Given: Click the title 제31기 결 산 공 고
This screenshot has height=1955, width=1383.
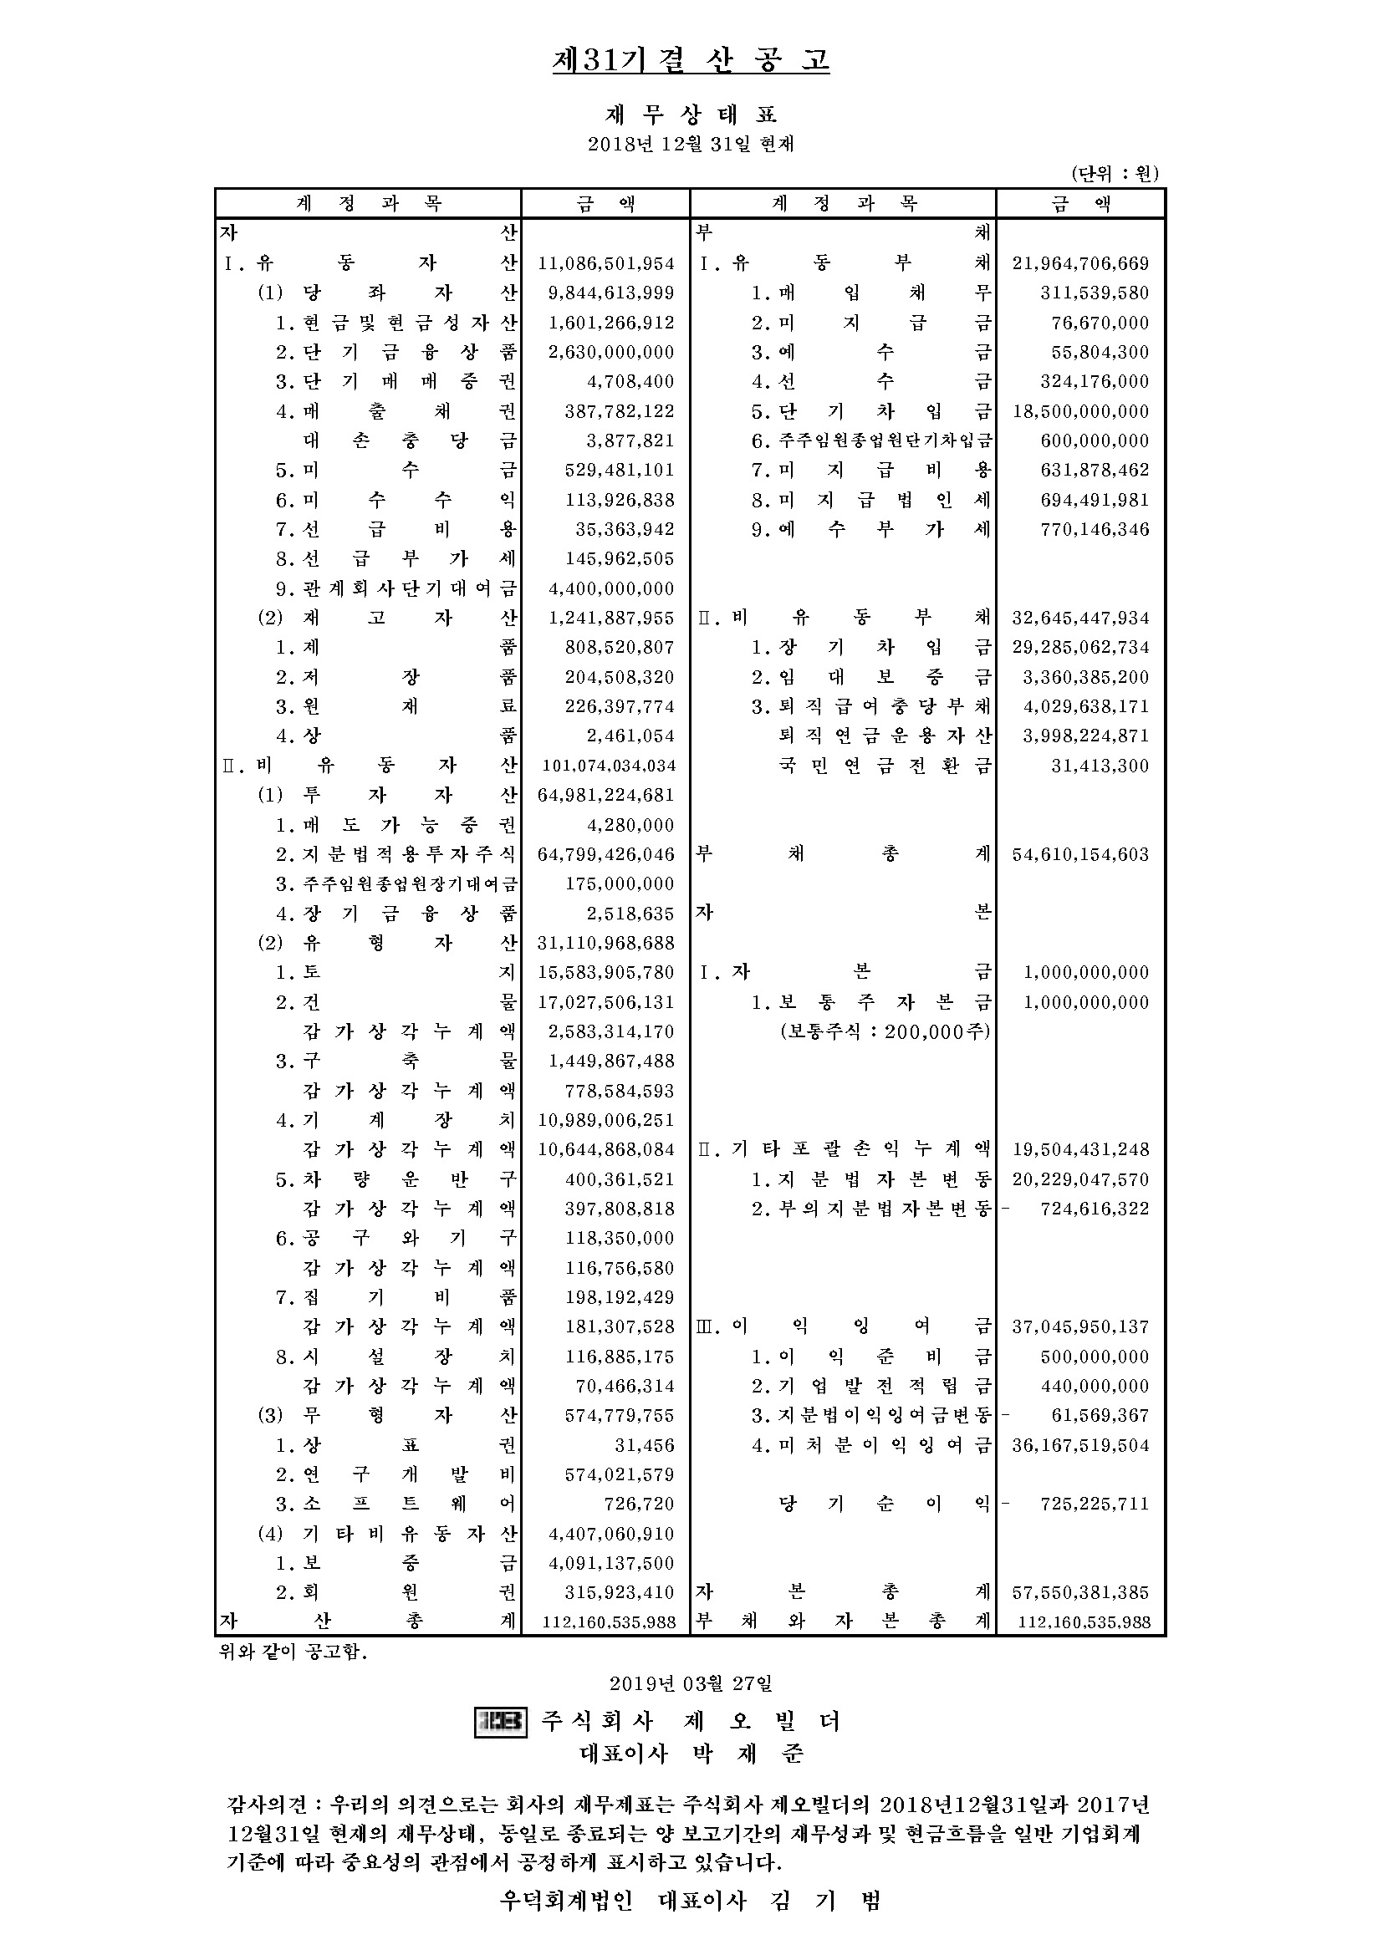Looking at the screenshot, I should click(x=691, y=60).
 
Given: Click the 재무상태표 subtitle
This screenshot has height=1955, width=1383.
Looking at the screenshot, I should click(x=691, y=115).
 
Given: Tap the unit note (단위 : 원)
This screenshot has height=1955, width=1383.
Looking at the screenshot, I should click(x=1115, y=174).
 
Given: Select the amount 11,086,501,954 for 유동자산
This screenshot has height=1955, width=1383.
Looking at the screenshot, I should click(x=605, y=264).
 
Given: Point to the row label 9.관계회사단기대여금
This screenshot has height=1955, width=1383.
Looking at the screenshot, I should click(x=396, y=588).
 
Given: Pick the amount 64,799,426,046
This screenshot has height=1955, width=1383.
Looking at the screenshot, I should click(x=605, y=854).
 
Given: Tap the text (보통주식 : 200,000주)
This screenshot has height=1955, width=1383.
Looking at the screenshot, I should click(x=885, y=1031).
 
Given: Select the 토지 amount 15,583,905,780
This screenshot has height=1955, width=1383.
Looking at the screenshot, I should click(x=605, y=972).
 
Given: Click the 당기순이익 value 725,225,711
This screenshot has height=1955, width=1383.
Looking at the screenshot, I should click(x=1095, y=1504).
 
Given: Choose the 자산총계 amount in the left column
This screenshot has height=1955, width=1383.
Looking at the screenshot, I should click(x=609, y=1622).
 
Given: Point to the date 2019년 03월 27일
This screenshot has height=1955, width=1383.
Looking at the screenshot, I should click(x=691, y=1683).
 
